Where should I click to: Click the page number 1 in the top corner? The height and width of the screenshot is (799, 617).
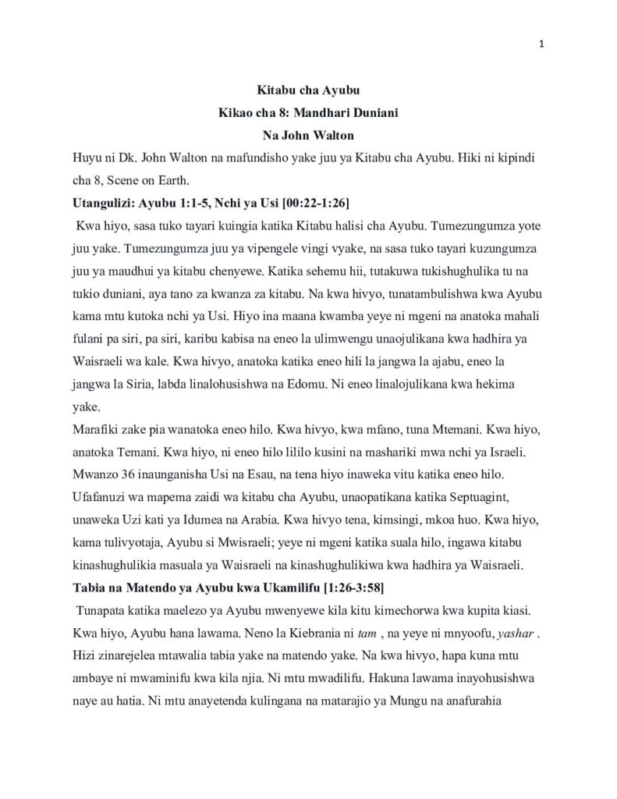(x=541, y=44)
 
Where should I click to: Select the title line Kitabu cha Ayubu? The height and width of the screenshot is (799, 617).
(x=308, y=91)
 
